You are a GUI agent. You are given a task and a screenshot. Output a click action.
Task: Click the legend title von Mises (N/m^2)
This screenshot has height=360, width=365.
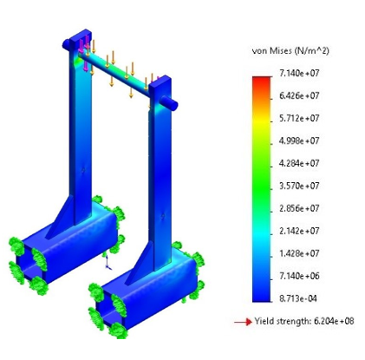point(290,51)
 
